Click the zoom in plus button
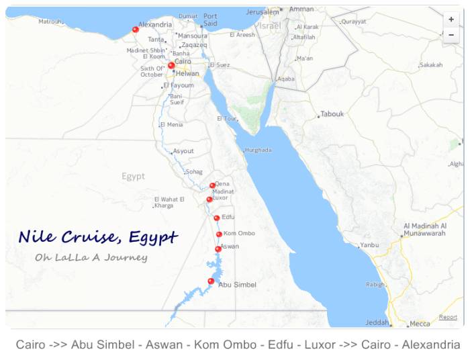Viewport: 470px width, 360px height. (x=451, y=20)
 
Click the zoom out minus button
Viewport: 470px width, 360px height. (x=451, y=35)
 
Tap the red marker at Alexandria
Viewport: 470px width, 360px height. (x=136, y=30)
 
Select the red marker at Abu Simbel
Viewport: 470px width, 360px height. (x=211, y=281)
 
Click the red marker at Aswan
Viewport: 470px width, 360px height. (x=218, y=249)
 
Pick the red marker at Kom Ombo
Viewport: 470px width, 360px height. (x=220, y=234)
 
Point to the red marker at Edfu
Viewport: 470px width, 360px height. (x=217, y=218)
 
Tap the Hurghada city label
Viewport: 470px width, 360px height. (x=258, y=150)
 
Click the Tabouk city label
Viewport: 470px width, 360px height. (x=332, y=114)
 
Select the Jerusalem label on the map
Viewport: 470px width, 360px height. (x=262, y=12)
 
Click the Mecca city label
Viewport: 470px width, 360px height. (x=420, y=324)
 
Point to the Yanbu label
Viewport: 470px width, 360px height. (x=369, y=245)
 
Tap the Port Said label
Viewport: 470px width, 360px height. (x=211, y=19)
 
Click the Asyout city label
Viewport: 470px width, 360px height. (x=183, y=151)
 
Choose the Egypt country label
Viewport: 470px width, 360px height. (x=133, y=177)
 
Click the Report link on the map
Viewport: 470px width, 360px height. (x=448, y=317)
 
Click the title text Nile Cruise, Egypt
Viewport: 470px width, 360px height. (x=98, y=237)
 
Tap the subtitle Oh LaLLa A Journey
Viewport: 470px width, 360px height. (x=91, y=257)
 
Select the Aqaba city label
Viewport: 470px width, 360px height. (x=286, y=79)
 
